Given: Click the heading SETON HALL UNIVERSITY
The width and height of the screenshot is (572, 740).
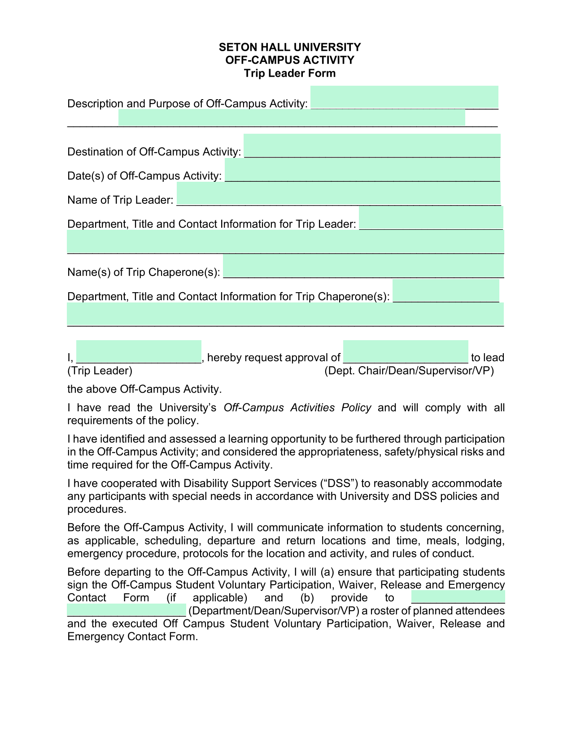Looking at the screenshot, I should (x=289, y=47).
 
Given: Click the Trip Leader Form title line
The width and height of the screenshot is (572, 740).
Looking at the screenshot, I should (x=289, y=73).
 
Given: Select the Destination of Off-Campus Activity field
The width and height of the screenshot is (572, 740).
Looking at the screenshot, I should (x=371, y=146).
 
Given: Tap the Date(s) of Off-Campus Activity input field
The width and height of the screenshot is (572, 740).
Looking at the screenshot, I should (x=362, y=171).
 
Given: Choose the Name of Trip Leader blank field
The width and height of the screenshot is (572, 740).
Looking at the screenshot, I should (x=338, y=195).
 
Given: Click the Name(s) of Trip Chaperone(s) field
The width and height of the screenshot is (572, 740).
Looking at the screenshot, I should (x=363, y=267).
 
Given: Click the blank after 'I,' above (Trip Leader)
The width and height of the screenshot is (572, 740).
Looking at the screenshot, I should (x=139, y=352).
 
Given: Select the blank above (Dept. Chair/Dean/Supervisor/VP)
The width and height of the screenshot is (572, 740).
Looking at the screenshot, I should (x=406, y=352).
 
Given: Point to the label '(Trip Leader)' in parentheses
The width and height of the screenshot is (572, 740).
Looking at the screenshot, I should (x=100, y=371).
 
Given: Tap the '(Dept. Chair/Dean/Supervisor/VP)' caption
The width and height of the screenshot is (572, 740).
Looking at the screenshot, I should (x=409, y=371).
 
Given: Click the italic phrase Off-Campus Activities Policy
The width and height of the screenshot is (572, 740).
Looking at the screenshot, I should (x=297, y=407).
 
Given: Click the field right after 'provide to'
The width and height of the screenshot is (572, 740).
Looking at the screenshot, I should (x=458, y=598).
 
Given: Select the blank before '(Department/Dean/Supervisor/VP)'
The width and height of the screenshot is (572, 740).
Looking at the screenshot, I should (x=126, y=610).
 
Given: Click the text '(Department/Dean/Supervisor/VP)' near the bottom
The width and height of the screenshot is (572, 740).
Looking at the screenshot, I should (x=275, y=611).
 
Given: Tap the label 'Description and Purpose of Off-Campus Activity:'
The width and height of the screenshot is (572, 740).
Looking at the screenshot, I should (x=187, y=104).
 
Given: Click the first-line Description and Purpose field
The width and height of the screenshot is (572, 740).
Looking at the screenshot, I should (x=404, y=98).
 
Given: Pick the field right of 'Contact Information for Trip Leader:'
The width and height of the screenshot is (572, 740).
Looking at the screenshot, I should (x=431, y=219).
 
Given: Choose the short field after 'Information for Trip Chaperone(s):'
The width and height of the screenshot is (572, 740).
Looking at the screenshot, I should (x=445, y=291).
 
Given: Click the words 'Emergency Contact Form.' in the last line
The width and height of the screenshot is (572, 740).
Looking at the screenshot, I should (x=132, y=636).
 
